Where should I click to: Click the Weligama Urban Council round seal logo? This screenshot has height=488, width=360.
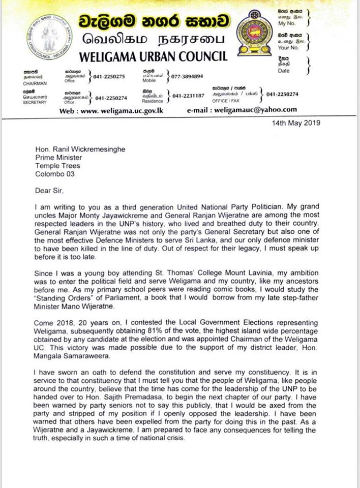click(49, 37)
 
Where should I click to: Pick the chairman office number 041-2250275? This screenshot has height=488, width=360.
click(109, 76)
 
